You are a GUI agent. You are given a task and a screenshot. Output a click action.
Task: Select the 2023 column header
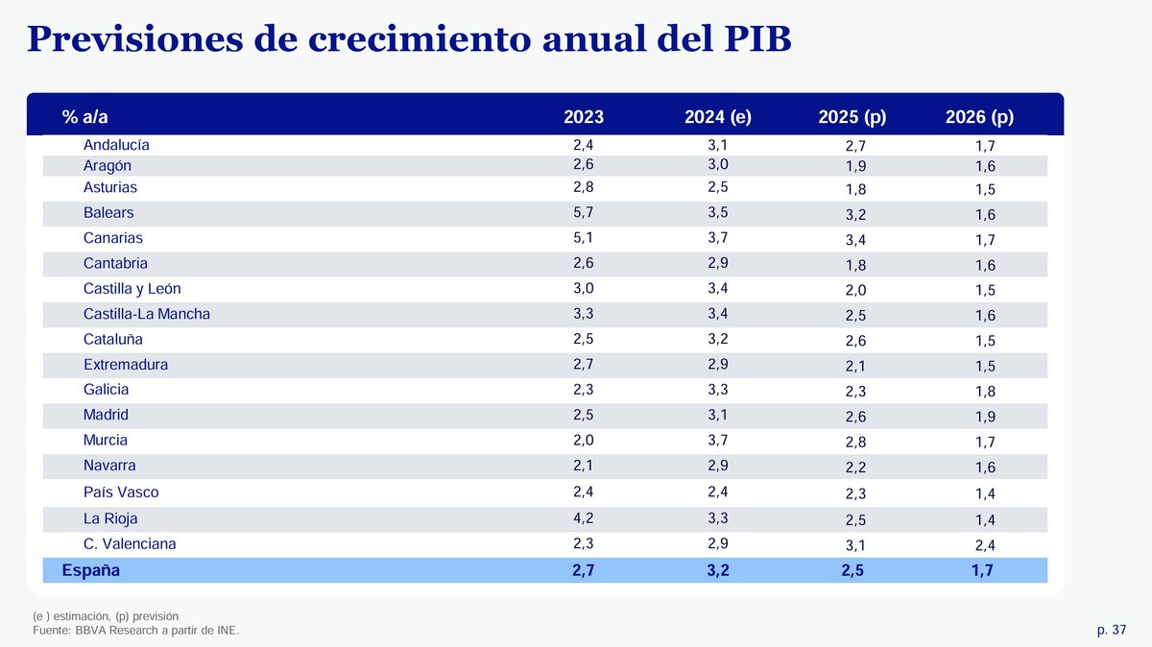[584, 117]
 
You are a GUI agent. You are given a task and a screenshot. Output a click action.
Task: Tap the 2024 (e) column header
[718, 117]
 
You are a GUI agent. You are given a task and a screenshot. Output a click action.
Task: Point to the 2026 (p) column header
[979, 117]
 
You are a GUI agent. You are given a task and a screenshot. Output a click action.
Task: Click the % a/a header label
[85, 117]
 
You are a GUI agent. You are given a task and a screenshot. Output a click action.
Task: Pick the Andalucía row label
[116, 146]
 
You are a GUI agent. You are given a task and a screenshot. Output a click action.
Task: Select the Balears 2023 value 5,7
[584, 212]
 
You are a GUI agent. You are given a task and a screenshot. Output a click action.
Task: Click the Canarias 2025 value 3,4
[856, 240]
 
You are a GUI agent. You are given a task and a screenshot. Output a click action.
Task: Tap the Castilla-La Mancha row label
[146, 314]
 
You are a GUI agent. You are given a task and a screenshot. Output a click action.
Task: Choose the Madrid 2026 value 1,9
[984, 417]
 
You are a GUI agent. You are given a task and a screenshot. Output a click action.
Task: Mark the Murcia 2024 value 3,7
[718, 440]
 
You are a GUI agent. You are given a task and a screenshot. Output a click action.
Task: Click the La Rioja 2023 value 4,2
[584, 517]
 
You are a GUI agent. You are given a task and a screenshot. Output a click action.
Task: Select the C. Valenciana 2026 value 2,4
[984, 545]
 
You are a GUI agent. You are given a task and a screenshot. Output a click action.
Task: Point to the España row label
[91, 570]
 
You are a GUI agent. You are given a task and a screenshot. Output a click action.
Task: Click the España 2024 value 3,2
[718, 570]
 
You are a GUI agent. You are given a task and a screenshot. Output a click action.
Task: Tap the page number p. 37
[1111, 630]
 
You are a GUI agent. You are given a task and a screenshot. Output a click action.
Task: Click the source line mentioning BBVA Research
[135, 630]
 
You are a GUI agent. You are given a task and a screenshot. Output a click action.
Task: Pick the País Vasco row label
[121, 492]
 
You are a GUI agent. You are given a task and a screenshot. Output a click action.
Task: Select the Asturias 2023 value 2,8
[584, 187]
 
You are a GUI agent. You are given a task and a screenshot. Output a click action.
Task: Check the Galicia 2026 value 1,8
[984, 392]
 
